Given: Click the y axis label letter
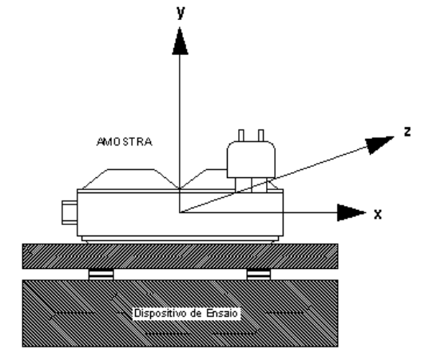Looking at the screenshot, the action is [x=181, y=13].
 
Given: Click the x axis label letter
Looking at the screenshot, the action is [x=378, y=214].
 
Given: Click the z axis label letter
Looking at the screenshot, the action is [x=407, y=132].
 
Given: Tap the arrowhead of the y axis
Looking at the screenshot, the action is [x=180, y=41].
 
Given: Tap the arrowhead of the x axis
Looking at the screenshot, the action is [x=352, y=212].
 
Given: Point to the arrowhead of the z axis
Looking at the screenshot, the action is [x=379, y=144].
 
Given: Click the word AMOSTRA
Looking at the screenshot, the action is [x=125, y=142].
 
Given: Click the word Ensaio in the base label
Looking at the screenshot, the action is [x=222, y=313].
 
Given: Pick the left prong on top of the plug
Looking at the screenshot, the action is [x=241, y=136].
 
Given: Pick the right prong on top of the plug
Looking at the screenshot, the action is [x=261, y=136].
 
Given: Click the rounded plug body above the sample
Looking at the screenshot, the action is [x=251, y=160].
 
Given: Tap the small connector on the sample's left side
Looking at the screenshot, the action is [x=70, y=212].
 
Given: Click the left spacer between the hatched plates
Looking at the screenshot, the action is [x=101, y=275].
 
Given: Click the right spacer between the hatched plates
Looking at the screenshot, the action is [x=259, y=275].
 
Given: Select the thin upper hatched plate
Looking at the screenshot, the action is [x=180, y=256].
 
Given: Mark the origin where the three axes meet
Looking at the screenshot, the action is [x=180, y=212].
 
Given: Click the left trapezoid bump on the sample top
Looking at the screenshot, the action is [x=131, y=179].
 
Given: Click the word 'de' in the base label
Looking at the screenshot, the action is [x=197, y=313].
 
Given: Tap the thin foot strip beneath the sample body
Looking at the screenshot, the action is [x=180, y=239].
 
